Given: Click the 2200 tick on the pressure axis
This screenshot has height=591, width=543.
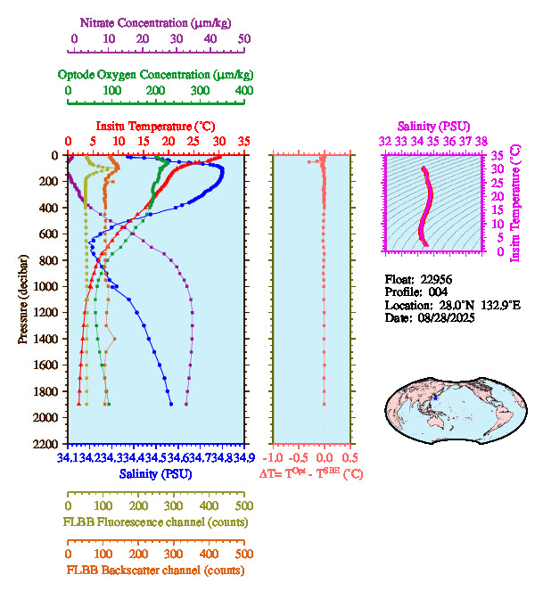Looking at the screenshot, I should [x=48, y=444].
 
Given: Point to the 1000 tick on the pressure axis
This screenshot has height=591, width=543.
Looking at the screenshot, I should [x=48, y=286].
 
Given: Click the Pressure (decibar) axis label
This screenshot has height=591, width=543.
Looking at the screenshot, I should [x=23, y=300].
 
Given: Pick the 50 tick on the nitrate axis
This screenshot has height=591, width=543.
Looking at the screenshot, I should [x=244, y=39].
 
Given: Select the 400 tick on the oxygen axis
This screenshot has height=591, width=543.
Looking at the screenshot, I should [x=244, y=91].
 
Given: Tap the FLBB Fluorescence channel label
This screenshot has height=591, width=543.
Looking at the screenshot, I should [x=155, y=521].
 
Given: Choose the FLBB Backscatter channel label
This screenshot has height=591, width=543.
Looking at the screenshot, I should [x=155, y=570].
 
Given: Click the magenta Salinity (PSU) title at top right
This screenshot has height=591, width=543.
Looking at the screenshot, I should [x=432, y=127].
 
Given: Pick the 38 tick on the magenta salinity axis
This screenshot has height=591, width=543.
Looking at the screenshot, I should [x=481, y=141].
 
